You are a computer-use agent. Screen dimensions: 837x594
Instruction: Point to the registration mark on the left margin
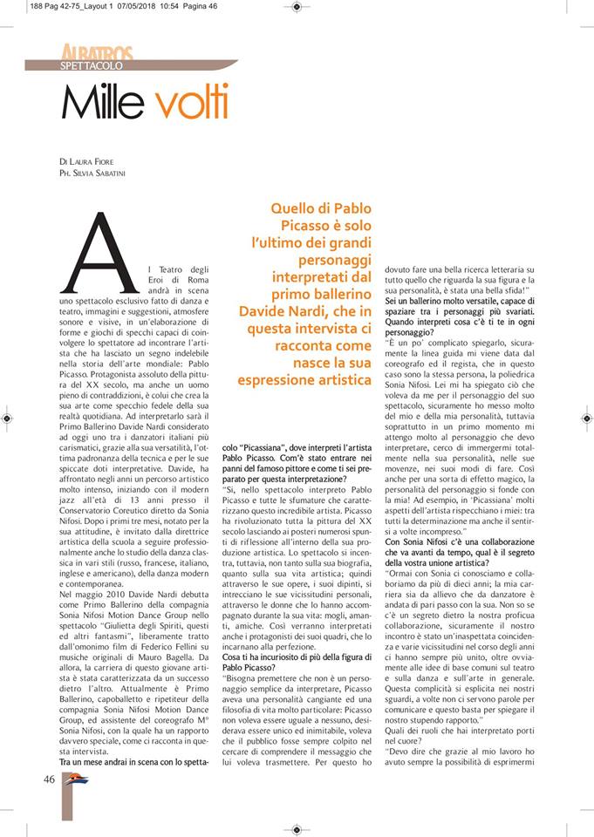7,418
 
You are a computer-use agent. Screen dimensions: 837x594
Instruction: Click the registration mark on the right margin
586,418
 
